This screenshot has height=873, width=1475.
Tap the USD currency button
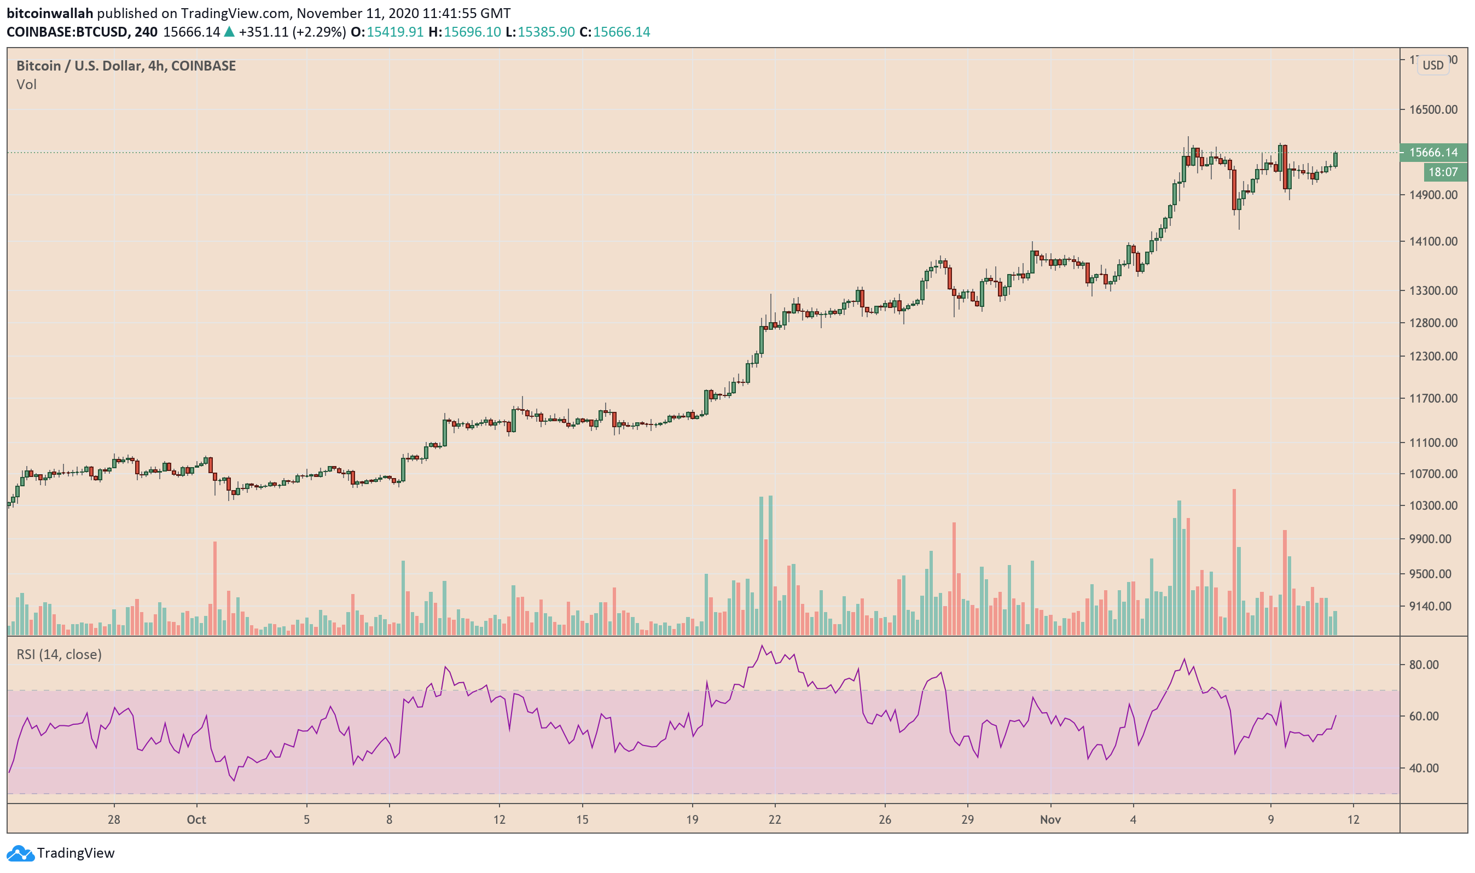(1433, 65)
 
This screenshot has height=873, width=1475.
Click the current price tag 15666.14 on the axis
(1433, 153)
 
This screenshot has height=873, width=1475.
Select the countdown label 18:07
(1443, 172)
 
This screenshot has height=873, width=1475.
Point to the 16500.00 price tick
(1433, 110)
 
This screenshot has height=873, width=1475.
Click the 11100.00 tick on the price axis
(1433, 443)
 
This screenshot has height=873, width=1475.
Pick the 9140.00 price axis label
(1433, 607)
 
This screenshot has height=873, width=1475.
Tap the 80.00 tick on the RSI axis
(1424, 665)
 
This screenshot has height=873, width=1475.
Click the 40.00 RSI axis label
(1424, 769)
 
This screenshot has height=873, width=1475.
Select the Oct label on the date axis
(196, 819)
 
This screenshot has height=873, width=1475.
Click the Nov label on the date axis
(1050, 819)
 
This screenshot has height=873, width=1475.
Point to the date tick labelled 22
(775, 819)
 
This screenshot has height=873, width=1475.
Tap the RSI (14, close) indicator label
(59, 654)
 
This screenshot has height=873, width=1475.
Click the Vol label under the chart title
(26, 85)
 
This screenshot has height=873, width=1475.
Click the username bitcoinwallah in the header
(50, 13)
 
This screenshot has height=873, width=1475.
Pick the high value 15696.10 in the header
(472, 32)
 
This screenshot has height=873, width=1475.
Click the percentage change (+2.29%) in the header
(318, 32)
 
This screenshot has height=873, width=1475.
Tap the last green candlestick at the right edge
(1335, 159)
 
